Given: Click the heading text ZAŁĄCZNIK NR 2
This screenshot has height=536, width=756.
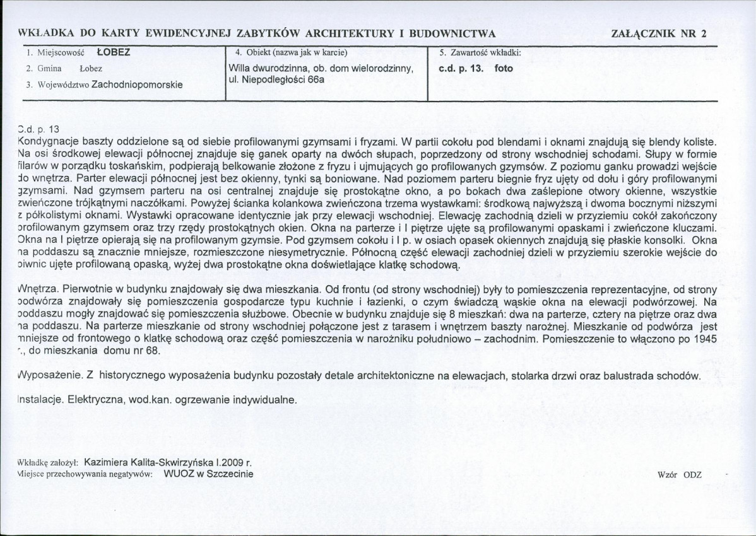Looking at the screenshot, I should click(659, 34).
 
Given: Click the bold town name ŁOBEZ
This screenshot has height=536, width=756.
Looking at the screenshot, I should click(114, 52).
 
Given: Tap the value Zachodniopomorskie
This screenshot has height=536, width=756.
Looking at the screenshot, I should click(137, 84).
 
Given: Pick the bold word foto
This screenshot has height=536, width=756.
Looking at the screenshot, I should click(504, 68).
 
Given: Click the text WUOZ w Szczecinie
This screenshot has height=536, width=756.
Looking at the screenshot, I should click(208, 474).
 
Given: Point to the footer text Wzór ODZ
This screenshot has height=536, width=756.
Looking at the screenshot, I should click(678, 474).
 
